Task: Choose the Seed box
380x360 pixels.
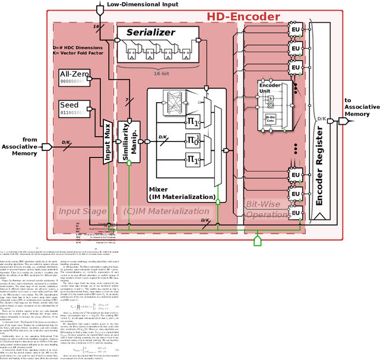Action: (74, 109)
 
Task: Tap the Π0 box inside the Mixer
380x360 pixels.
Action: (192, 141)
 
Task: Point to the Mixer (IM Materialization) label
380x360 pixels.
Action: (181, 192)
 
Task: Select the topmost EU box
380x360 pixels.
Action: (295, 29)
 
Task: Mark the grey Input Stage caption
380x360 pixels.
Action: (82, 211)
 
